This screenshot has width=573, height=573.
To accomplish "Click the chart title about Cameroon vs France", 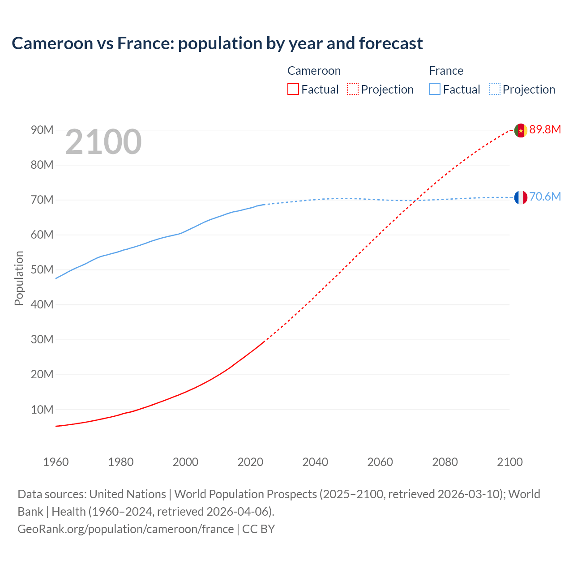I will pos(217,43).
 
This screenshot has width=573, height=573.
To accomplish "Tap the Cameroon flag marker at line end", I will pos(520,130).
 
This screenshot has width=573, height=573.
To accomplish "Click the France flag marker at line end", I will pos(520,197).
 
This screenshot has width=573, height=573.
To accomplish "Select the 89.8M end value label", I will pos(545,130).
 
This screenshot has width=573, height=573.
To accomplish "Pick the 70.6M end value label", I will pos(545,197).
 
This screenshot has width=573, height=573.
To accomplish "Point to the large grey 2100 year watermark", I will pos(103,142).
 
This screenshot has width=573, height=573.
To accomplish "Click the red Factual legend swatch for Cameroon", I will pos(293,90).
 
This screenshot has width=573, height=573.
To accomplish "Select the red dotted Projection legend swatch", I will pos(353,90).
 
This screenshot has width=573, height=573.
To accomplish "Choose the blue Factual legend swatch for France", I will pos(434,90).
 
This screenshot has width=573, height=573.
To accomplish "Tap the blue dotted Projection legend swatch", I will pos(495,90).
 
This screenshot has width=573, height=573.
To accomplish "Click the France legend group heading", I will pos(446,71).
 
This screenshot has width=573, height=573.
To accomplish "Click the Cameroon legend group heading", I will pos(314,71).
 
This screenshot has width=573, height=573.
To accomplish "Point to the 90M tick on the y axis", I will pos(42,130).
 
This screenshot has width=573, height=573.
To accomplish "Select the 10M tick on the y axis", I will pos(42,410).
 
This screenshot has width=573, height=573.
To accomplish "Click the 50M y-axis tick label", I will pos(42,270).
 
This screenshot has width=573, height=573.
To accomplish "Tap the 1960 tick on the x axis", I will pos(56,462).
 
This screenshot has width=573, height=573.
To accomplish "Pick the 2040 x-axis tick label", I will pos(315,462).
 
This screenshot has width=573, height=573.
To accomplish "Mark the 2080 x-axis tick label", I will pos(445,462).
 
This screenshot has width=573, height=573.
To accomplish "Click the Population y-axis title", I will pos(19,278).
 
